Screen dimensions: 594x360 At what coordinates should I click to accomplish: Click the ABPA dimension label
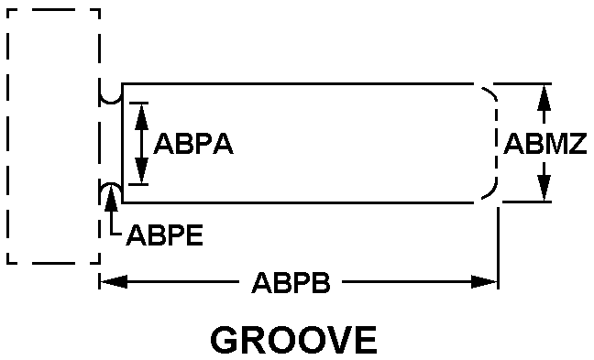(193, 144)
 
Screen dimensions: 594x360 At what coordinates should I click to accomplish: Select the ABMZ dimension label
(545, 144)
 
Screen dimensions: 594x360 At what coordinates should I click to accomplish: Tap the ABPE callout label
(165, 235)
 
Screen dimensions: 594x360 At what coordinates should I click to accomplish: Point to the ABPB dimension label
(291, 282)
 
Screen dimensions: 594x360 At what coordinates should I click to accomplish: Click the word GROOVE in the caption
(293, 340)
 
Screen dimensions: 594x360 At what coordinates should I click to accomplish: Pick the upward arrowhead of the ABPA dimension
(141, 116)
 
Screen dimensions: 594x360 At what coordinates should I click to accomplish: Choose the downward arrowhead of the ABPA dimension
(141, 170)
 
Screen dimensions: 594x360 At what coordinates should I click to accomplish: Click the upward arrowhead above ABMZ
(544, 98)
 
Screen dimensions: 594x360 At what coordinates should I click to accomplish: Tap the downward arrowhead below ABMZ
(544, 188)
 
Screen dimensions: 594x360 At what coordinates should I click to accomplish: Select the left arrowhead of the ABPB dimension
(114, 282)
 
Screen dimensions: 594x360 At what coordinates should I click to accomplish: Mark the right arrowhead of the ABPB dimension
(484, 282)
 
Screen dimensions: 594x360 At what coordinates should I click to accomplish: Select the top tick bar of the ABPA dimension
(138, 103)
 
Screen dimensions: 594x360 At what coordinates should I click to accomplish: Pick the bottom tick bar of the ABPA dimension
(138, 184)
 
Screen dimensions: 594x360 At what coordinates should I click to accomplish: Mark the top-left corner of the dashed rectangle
(7, 10)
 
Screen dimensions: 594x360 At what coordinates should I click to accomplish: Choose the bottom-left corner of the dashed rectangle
(7, 262)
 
